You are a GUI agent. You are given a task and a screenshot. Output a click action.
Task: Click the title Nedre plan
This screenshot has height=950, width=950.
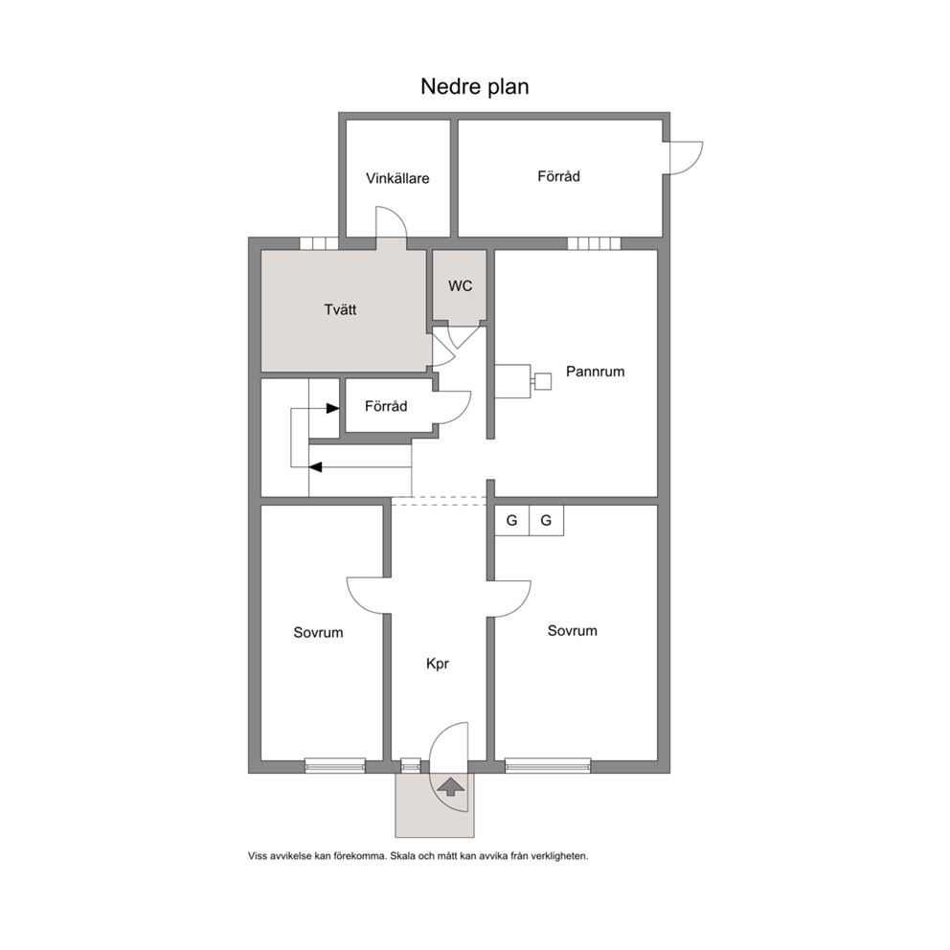click(x=474, y=86)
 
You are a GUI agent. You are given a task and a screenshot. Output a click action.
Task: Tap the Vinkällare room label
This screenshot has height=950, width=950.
click(x=397, y=178)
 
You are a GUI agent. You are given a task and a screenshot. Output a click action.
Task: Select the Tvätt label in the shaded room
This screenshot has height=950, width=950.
click(x=340, y=309)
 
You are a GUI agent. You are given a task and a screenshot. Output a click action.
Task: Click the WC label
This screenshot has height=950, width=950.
click(x=460, y=286)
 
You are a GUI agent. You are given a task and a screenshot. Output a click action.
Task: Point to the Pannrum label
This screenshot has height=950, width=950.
click(x=595, y=372)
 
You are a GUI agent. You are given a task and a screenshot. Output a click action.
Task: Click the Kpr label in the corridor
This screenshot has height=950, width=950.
click(x=438, y=664)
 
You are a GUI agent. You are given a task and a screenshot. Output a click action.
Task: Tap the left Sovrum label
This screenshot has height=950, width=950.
click(x=318, y=632)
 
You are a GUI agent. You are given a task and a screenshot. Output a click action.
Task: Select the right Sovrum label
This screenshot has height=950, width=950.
click(x=572, y=631)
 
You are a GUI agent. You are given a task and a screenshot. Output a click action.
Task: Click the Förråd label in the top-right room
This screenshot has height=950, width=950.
click(x=558, y=176)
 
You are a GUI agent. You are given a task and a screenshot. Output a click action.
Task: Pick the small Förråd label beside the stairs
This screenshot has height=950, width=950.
click(x=386, y=406)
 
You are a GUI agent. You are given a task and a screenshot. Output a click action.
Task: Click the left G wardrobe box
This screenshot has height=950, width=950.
click(x=512, y=520)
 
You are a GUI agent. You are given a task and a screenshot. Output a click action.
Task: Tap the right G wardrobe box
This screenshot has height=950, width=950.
click(x=547, y=520)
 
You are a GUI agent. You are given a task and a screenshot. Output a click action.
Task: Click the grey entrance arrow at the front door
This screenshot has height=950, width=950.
click(x=451, y=787)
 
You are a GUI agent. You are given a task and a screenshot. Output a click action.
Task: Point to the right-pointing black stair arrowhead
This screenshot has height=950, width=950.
click(x=332, y=408)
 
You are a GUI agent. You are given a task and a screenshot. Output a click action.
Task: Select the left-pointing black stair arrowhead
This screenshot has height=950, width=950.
click(x=316, y=467)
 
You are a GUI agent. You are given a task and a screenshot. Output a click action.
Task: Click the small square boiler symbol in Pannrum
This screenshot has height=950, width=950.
click(x=543, y=381)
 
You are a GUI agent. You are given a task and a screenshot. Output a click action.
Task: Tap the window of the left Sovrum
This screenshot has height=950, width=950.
click(x=335, y=765)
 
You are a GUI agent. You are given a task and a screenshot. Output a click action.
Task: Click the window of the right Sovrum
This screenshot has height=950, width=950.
click(x=548, y=765)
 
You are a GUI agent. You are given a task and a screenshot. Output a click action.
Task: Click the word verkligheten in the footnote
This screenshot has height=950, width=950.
click(x=559, y=856)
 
